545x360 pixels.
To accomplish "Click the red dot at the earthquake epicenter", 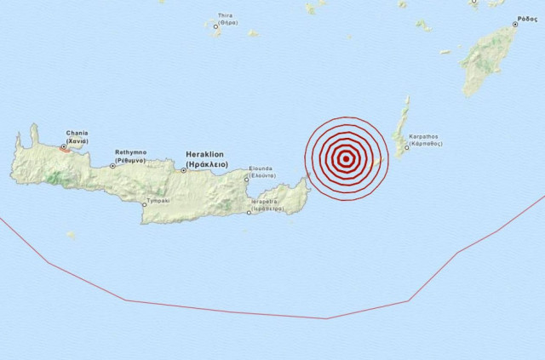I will click(x=345, y=158).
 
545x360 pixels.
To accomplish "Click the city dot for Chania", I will click(x=64, y=146).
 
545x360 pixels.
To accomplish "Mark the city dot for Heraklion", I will click(x=184, y=170).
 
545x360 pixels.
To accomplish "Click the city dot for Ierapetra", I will click(x=248, y=213).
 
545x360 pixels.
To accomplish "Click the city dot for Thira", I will click(x=215, y=27).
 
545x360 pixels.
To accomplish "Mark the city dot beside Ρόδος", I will click(x=514, y=26).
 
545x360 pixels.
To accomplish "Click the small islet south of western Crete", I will click(x=71, y=235).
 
